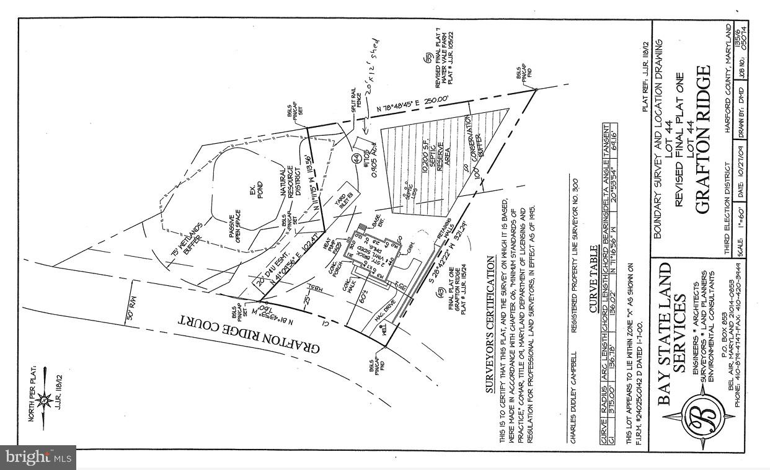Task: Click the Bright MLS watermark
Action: (x=37, y=458)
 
